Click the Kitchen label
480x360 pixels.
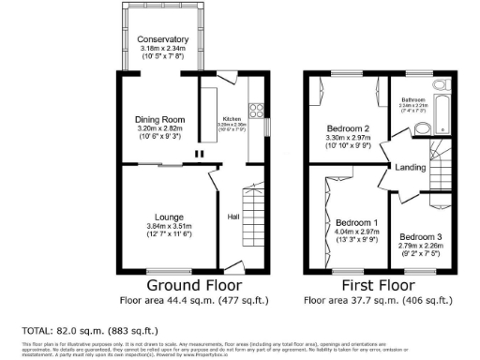click(232, 119)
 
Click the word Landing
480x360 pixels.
click(412, 168)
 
